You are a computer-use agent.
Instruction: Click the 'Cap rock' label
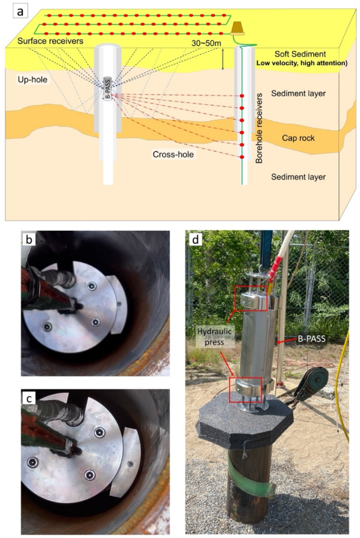click(x=297, y=138)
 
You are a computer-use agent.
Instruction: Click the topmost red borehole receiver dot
click(x=242, y=96)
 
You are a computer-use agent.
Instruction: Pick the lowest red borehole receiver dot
click(x=242, y=157)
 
